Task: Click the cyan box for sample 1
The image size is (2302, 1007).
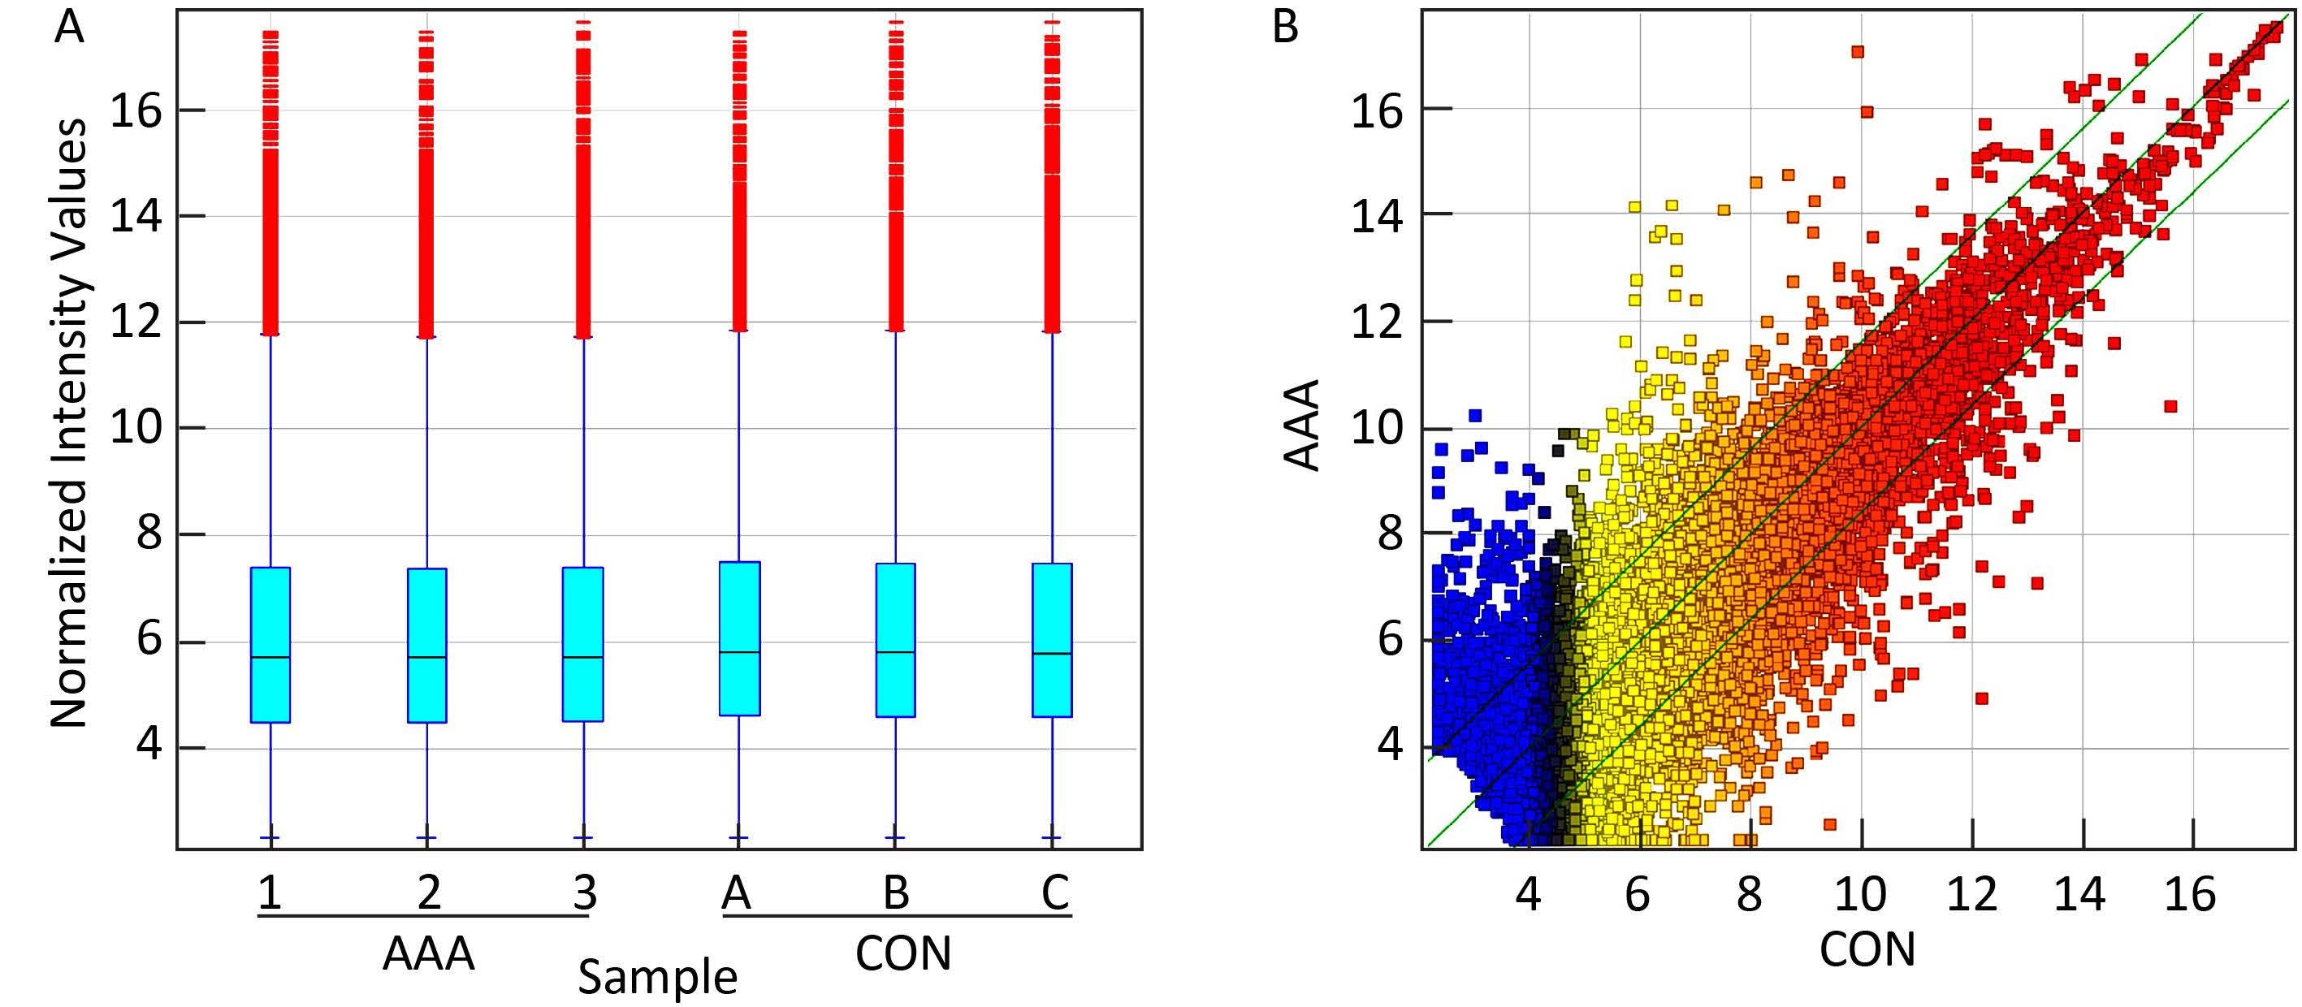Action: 270,644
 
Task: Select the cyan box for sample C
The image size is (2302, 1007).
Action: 1052,640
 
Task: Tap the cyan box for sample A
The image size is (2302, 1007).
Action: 739,638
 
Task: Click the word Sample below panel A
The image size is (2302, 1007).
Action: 658,977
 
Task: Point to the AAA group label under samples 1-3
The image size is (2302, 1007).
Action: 428,954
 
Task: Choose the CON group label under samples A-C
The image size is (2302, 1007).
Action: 902,953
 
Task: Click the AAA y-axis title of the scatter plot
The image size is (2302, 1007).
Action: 1302,425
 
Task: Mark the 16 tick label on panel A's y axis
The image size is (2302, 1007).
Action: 136,110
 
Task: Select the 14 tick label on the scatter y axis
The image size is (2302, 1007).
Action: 1377,215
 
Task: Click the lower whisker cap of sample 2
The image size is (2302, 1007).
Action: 426,838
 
